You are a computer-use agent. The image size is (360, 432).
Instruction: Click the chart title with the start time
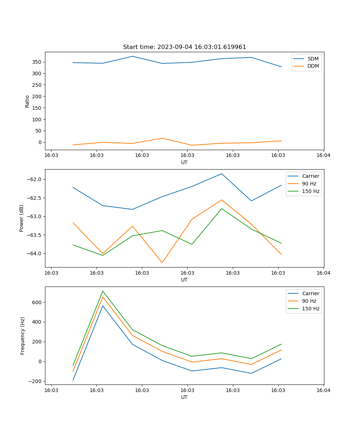pyautogui.click(x=184, y=47)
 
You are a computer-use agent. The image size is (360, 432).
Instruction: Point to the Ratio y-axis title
pyautogui.click(x=27, y=101)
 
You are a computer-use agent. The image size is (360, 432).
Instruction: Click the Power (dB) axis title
pyautogui.click(x=22, y=218)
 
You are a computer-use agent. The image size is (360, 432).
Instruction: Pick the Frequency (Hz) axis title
pyautogui.click(x=22, y=336)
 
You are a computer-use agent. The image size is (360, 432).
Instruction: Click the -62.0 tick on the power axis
pyautogui.click(x=35, y=179)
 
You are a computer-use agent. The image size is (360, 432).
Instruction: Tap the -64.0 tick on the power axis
pyautogui.click(x=35, y=253)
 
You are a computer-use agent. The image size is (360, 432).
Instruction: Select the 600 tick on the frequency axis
pyautogui.click(x=37, y=302)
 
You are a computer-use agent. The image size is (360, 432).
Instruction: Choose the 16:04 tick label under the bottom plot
pyautogui.click(x=323, y=390)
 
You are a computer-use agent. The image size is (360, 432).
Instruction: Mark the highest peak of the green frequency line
pyautogui.click(x=103, y=291)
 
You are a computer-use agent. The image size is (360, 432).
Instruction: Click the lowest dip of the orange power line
pyautogui.click(x=162, y=262)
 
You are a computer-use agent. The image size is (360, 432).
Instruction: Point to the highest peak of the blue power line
pyautogui.click(x=222, y=174)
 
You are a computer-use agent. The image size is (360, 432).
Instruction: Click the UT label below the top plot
pyautogui.click(x=184, y=162)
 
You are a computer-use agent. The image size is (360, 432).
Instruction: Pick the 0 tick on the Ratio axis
pyautogui.click(x=40, y=142)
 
